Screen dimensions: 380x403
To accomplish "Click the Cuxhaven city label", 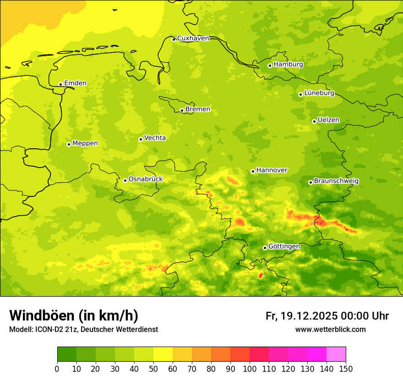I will click(x=193, y=38).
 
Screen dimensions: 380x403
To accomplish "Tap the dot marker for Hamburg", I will click(x=270, y=65).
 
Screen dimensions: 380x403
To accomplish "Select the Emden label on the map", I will click(x=75, y=83).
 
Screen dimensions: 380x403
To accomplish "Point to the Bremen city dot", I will click(x=182, y=110).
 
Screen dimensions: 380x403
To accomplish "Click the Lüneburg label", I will click(x=319, y=93).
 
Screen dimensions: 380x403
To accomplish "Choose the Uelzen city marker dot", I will click(x=314, y=121).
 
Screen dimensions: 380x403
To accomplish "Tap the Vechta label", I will click(x=155, y=138).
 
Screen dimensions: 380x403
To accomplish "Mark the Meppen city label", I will click(x=85, y=143).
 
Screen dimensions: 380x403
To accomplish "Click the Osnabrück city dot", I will click(x=125, y=180).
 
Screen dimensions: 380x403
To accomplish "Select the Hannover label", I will click(x=272, y=170).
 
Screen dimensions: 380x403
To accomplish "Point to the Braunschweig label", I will click(x=336, y=181).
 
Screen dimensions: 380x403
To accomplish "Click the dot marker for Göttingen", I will click(x=265, y=248).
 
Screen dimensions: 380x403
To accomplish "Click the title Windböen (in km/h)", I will click(x=73, y=315).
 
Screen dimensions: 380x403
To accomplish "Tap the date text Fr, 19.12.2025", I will click(x=301, y=316).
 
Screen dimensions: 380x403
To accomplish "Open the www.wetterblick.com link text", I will click(x=330, y=329).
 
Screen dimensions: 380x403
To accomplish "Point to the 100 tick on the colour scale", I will click(x=250, y=369).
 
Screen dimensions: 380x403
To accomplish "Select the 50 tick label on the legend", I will click(x=153, y=369).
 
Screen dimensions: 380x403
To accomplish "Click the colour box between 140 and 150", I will click(x=336, y=354).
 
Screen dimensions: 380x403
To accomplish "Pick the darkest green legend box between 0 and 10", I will click(x=67, y=354).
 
